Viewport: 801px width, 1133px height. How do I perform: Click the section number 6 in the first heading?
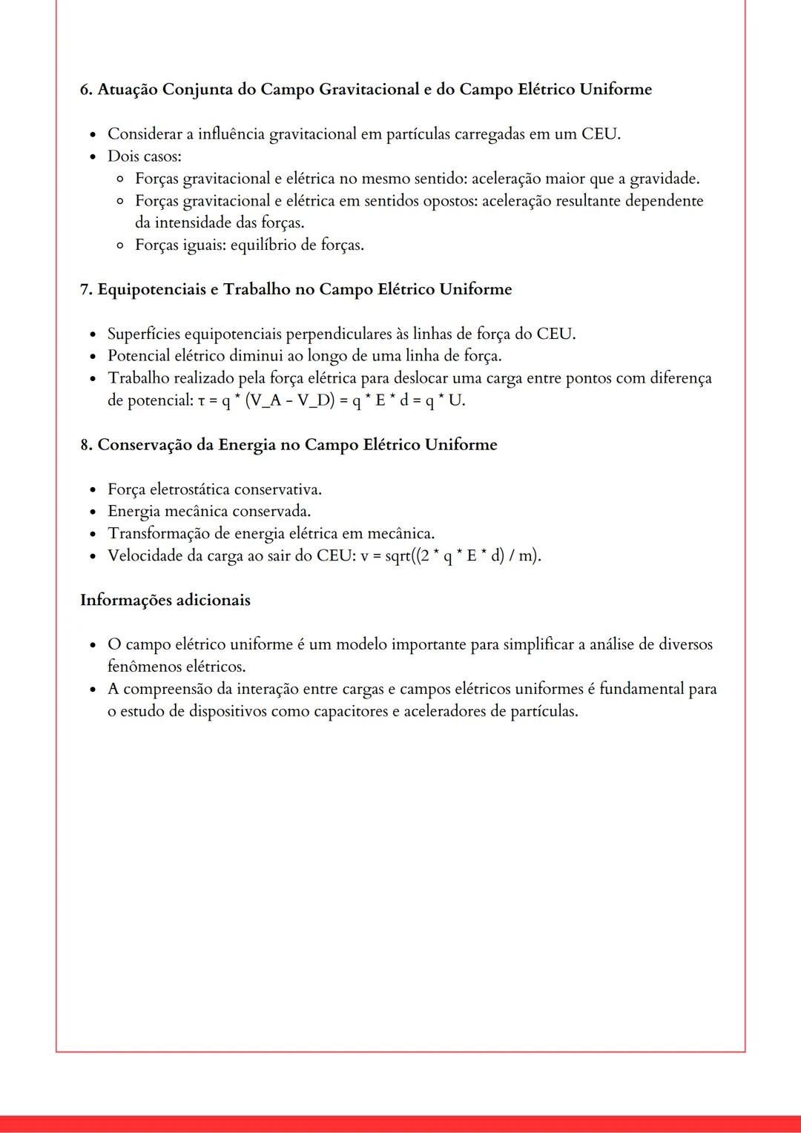(x=85, y=90)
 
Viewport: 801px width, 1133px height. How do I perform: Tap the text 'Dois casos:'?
(x=144, y=156)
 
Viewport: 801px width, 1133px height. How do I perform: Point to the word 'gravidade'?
(x=662, y=179)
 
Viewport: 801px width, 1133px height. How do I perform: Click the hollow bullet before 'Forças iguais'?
(x=120, y=245)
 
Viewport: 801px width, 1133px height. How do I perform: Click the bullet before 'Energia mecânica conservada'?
(x=92, y=512)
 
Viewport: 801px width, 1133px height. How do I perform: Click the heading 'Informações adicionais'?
(x=165, y=600)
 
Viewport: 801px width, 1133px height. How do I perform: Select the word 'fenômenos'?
(x=144, y=667)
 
